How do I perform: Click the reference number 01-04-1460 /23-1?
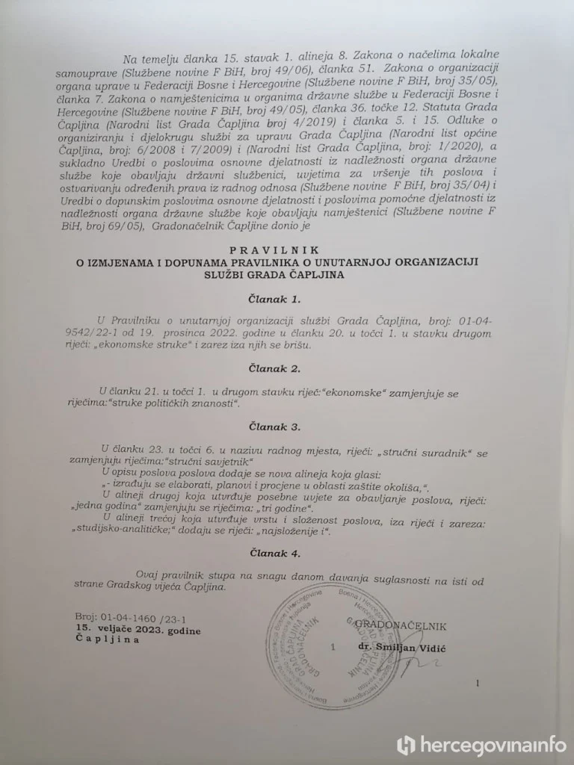coord(131,619)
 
